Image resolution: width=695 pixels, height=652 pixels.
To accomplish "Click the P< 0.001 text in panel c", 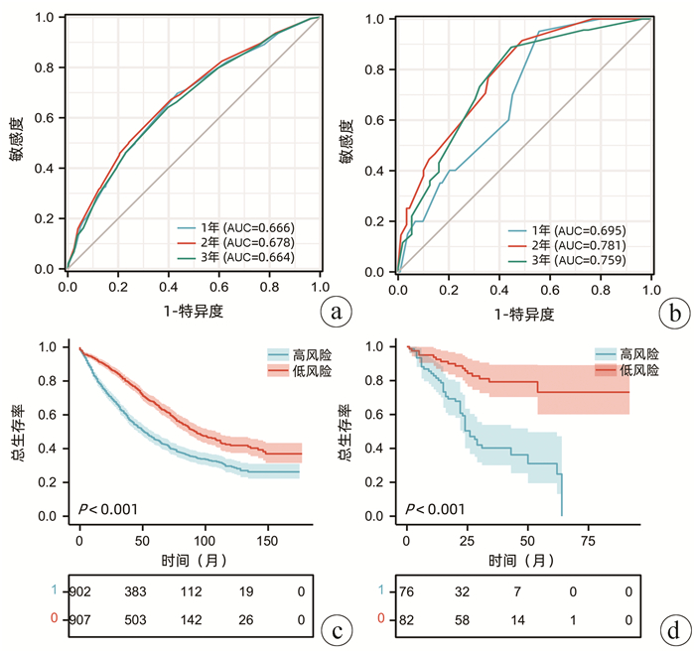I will tap(108, 510).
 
